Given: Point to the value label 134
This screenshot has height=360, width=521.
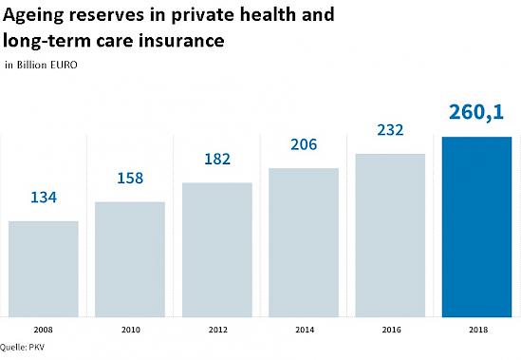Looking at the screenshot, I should pyautogui.click(x=44, y=198).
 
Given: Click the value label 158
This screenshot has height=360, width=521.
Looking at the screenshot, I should pyautogui.click(x=130, y=178).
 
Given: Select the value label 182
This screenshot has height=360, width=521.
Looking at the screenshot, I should pyautogui.click(x=217, y=159).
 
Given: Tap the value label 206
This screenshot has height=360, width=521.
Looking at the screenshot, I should pyautogui.click(x=304, y=144).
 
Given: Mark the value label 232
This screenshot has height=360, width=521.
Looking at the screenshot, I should pyautogui.click(x=390, y=129).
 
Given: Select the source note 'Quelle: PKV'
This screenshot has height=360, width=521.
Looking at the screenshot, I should pyautogui.click(x=22, y=348).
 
